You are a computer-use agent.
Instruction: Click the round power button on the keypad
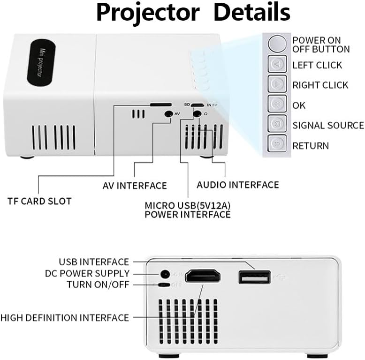tap(277, 44)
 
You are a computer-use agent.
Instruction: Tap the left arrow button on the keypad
tap(277, 64)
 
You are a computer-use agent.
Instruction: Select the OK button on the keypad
tap(277, 104)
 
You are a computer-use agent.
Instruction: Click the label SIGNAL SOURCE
tap(328, 125)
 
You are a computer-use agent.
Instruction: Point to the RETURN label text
tap(311, 146)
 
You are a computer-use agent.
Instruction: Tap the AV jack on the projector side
tap(167, 113)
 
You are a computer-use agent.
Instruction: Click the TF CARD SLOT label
tap(40, 201)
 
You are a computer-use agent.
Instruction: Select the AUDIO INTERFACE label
tap(237, 185)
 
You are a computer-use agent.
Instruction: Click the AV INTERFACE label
tap(135, 186)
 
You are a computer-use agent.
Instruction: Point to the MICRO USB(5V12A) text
tap(187, 205)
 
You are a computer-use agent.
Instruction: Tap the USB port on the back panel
tap(254, 277)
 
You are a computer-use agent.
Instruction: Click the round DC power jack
tap(165, 274)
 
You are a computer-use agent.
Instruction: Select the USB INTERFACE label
tap(93, 262)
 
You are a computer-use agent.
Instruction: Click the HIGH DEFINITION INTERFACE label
tap(64, 318)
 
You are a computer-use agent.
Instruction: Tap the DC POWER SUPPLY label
tap(87, 273)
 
